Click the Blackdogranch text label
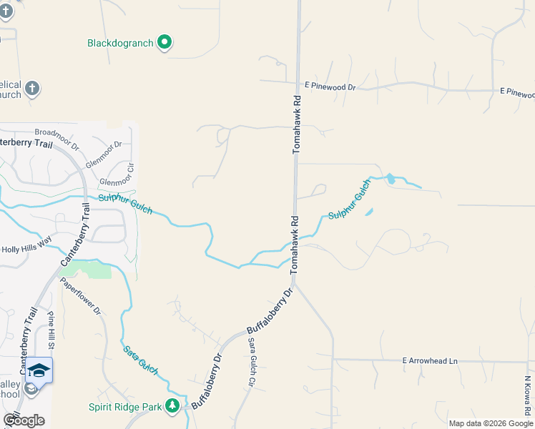click(120, 43)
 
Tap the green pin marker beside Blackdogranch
click(165, 42)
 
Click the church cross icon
click(31, 89)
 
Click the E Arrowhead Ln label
click(429, 361)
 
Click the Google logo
click(24, 420)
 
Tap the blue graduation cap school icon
click(40, 370)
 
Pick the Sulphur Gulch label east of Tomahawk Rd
click(350, 201)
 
